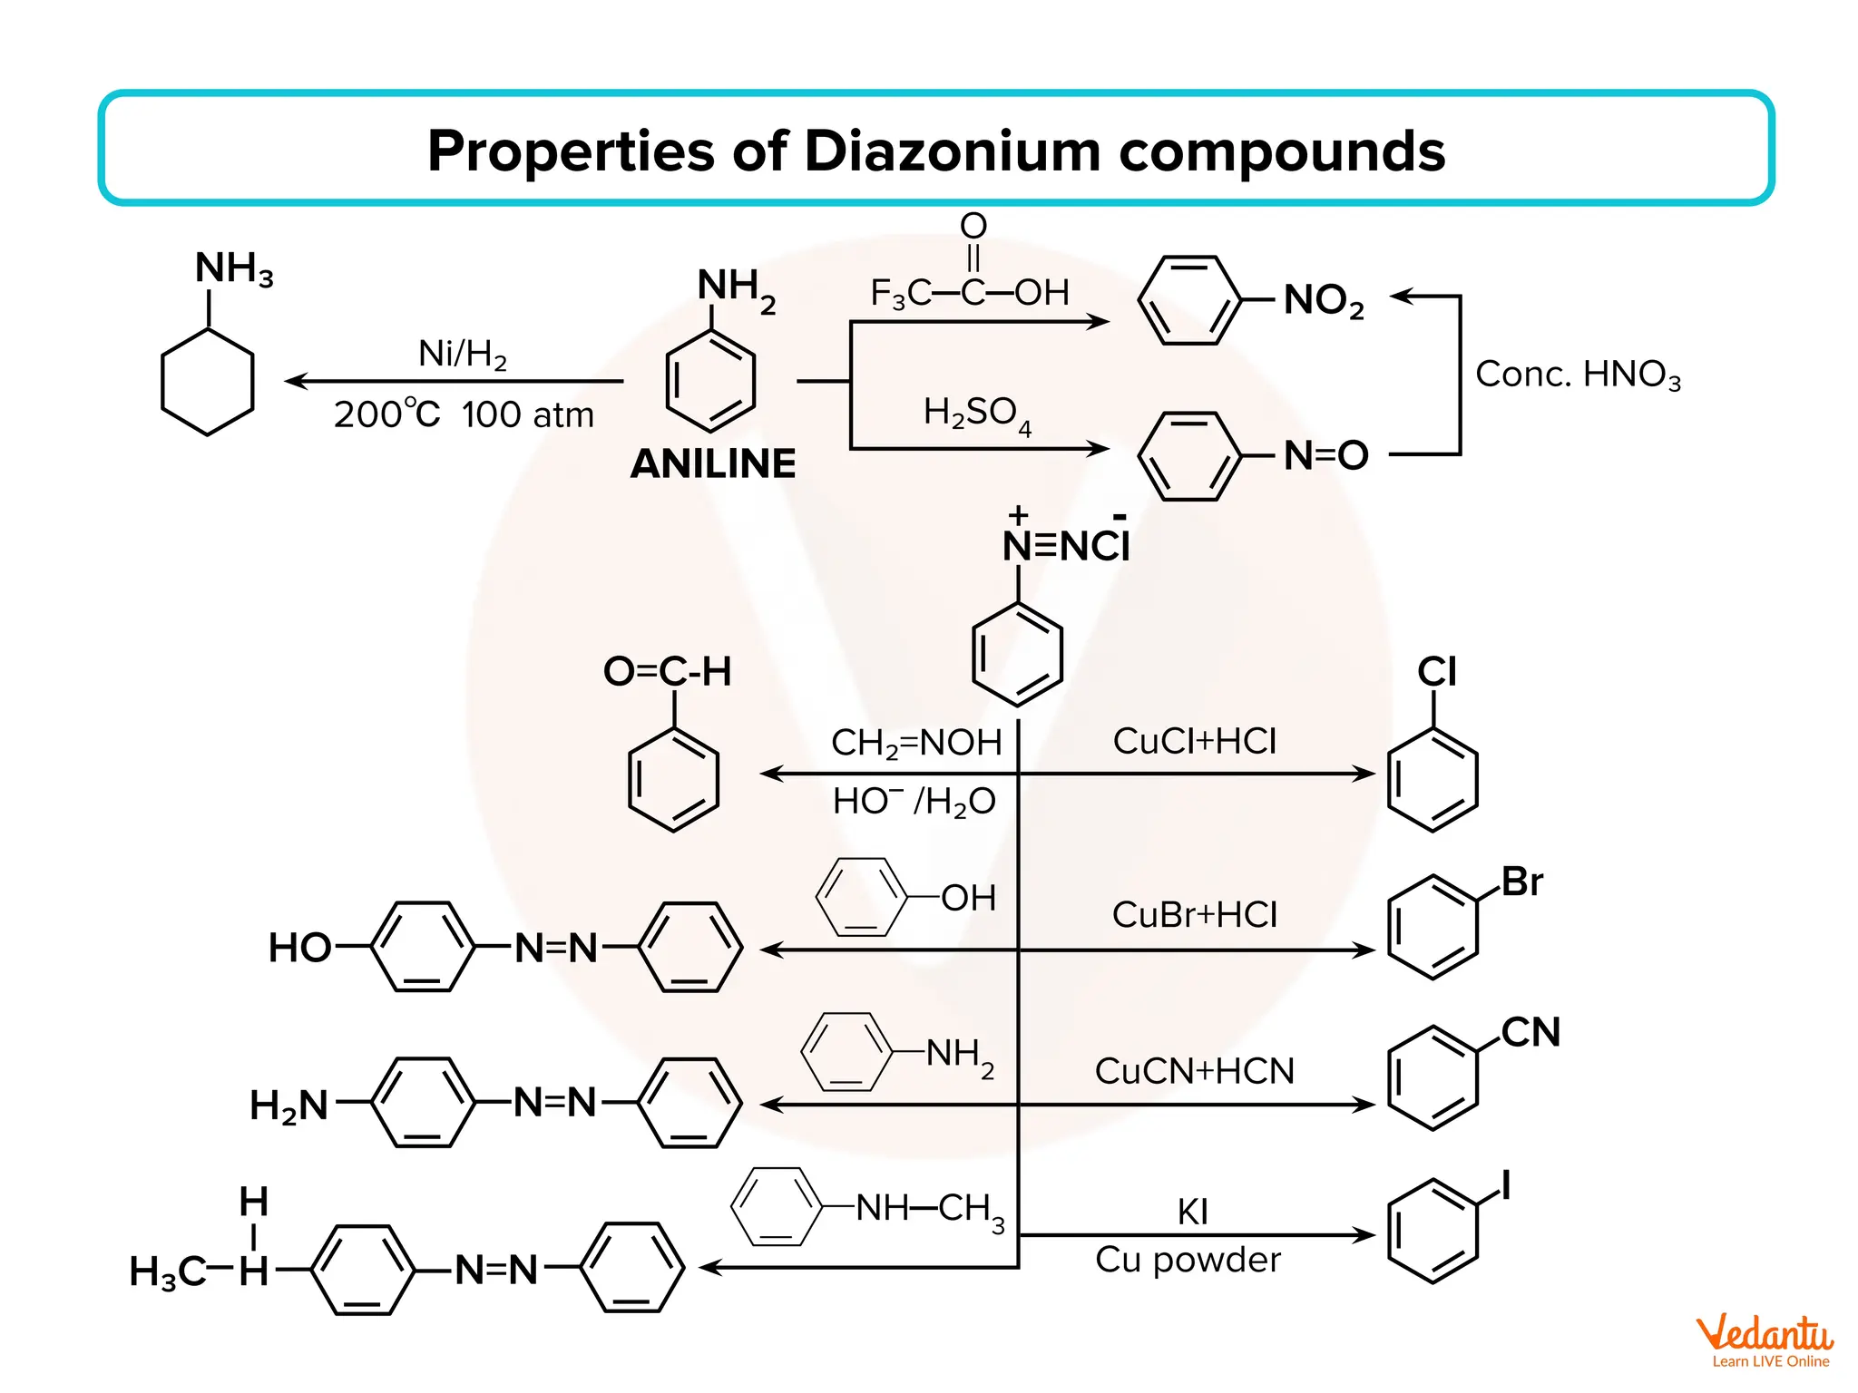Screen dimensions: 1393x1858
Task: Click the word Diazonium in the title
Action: point(952,151)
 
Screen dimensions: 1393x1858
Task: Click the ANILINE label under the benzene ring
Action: point(713,464)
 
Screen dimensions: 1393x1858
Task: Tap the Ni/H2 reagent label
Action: point(462,354)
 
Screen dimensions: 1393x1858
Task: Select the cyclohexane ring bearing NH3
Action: point(207,382)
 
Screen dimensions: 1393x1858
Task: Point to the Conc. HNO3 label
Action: point(1578,374)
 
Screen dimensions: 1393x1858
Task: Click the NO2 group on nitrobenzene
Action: point(1324,300)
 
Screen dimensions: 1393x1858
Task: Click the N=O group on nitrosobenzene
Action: point(1325,455)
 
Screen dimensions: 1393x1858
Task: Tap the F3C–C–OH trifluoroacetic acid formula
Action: point(969,292)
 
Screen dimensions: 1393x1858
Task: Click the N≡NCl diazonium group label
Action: point(1066,546)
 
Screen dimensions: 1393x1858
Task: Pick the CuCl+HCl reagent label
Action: point(1194,741)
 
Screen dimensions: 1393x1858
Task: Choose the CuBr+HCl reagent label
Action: point(1194,914)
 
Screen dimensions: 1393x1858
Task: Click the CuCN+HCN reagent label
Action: point(1194,1071)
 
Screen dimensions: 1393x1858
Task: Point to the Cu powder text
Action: point(1188,1260)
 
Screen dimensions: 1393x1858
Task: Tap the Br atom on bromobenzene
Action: point(1521,882)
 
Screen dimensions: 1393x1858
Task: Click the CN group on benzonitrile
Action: point(1530,1032)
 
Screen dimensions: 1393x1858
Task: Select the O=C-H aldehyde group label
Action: point(667,672)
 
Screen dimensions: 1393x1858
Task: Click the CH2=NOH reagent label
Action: point(916,743)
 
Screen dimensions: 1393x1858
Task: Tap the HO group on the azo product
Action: point(299,949)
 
